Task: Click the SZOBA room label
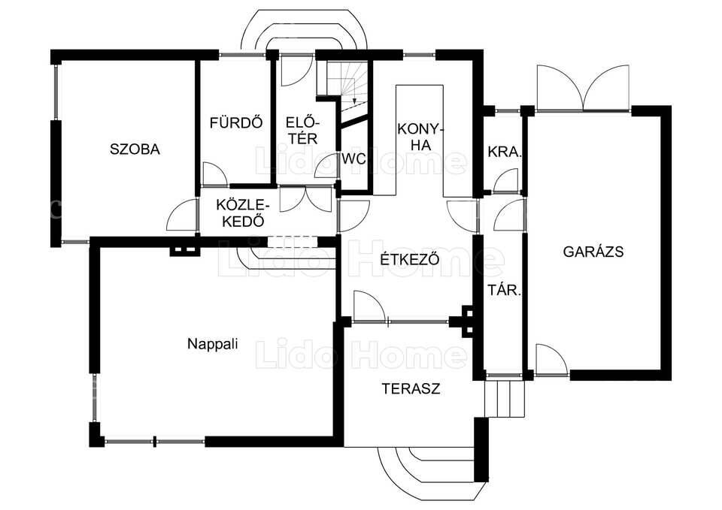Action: coord(135,149)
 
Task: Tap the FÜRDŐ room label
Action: coord(236,122)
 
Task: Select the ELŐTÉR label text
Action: coord(302,130)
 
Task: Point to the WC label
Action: coord(353,159)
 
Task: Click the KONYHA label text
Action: coord(420,136)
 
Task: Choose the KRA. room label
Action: coord(505,152)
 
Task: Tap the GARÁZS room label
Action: coord(593,251)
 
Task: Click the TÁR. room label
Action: coord(505,291)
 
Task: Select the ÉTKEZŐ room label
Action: coord(410,259)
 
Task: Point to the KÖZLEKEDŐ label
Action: coord(243,213)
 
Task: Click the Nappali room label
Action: coord(213,344)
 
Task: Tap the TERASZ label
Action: coord(411,388)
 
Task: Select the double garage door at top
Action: coord(582,89)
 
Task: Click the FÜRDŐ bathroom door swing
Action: coord(214,174)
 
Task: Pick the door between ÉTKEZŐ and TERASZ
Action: coord(369,306)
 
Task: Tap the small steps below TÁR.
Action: coord(505,398)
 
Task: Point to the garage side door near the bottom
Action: coord(551,360)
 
